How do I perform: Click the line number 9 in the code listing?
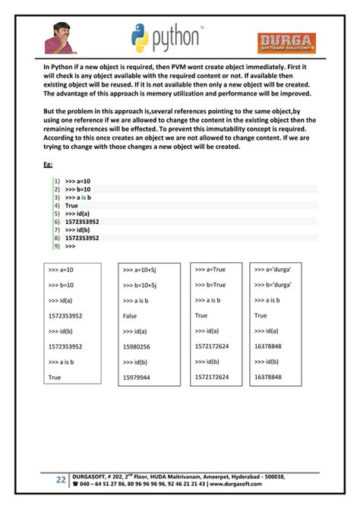(x=56, y=246)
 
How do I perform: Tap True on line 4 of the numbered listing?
(x=71, y=206)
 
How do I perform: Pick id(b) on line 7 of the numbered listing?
(x=79, y=230)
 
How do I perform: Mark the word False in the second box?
(x=130, y=315)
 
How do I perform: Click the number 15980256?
(x=137, y=346)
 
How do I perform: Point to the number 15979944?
(x=137, y=377)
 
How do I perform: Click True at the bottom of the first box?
(x=55, y=377)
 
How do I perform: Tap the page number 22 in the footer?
(x=60, y=479)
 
